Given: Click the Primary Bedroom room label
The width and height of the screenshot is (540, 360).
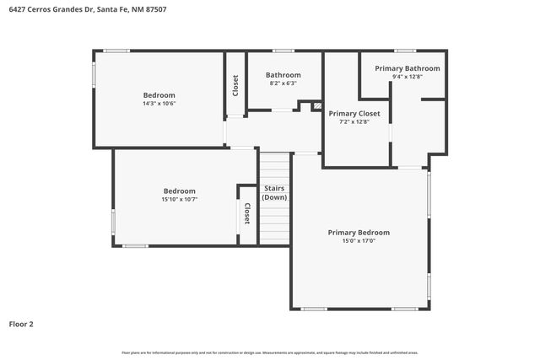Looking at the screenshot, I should (x=359, y=232).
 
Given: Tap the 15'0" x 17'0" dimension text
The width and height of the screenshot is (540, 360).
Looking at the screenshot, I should (x=359, y=241).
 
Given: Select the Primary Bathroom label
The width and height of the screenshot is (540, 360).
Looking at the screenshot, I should (x=407, y=68).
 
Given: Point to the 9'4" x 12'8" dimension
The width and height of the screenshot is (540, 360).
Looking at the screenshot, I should (x=407, y=77).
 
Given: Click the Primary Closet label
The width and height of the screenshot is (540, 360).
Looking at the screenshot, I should (x=354, y=113).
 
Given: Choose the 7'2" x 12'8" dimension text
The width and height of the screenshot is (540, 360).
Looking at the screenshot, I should (x=354, y=122).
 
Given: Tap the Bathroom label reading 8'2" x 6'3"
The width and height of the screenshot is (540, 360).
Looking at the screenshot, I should (x=283, y=75).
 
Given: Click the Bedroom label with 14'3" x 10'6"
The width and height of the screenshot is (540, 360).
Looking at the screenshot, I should (x=159, y=94).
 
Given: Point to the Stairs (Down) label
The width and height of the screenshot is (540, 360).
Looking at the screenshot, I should (x=274, y=193).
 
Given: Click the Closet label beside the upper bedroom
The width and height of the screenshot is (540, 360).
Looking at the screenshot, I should (x=235, y=85).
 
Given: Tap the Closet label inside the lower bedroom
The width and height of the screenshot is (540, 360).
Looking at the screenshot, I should (x=247, y=214).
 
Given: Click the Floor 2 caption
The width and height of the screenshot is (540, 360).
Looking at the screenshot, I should (x=21, y=323).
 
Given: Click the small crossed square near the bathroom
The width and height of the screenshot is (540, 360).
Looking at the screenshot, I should (x=317, y=106).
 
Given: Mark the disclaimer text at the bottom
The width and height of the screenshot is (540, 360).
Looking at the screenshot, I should (x=269, y=352).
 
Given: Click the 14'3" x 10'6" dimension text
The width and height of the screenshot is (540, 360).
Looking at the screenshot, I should (x=159, y=104).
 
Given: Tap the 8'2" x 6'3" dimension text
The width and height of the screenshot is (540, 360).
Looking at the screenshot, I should (x=283, y=83).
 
